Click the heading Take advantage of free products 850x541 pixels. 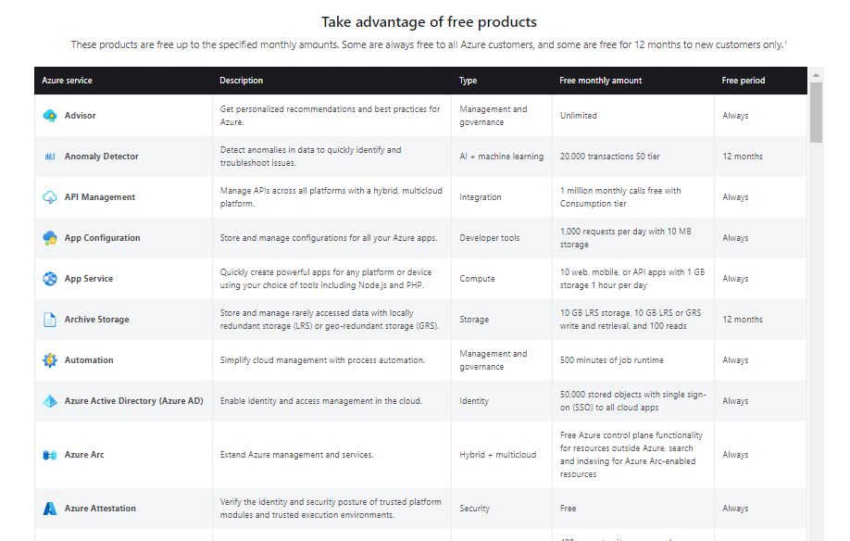pyautogui.click(x=429, y=21)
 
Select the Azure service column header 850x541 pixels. pyautogui.click(x=67, y=81)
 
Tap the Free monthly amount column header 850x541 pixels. pyautogui.click(x=600, y=81)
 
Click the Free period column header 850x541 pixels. pyautogui.click(x=743, y=81)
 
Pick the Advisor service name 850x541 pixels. pyautogui.click(x=80, y=116)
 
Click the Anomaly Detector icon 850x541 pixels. pyautogui.click(x=50, y=157)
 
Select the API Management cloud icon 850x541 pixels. pyautogui.click(x=50, y=197)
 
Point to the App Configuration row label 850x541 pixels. pyautogui.click(x=102, y=238)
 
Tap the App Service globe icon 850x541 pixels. pyautogui.click(x=50, y=279)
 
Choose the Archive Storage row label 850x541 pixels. pyautogui.click(x=96, y=320)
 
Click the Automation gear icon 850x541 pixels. pyautogui.click(x=50, y=360)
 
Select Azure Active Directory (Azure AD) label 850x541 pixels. pyautogui.click(x=133, y=401)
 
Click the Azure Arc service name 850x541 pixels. pyautogui.click(x=83, y=455)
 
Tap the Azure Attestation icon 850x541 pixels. pyautogui.click(x=50, y=509)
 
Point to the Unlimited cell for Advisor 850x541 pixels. pyautogui.click(x=578, y=116)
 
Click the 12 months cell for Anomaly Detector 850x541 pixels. pyautogui.click(x=742, y=157)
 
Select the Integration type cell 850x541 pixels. pyautogui.click(x=480, y=197)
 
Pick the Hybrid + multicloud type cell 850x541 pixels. pyautogui.click(x=497, y=455)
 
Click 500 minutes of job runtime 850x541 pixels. pyautogui.click(x=611, y=360)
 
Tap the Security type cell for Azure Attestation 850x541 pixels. pyautogui.click(x=474, y=509)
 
